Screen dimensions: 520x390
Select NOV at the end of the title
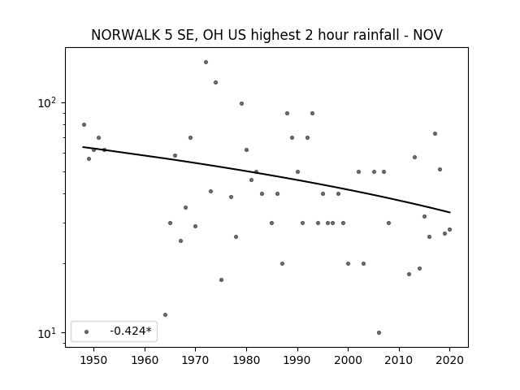[428, 35]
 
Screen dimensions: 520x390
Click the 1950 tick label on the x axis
[94, 360]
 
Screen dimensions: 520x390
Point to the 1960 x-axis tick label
[145, 360]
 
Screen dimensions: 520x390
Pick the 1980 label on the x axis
[246, 360]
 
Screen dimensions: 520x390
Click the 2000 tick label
[349, 360]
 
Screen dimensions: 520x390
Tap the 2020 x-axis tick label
[449, 360]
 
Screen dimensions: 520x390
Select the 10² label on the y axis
[47, 102]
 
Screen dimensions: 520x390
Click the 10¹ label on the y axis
[47, 332]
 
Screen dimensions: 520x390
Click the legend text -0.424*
[131, 331]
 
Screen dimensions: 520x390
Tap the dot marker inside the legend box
[87, 331]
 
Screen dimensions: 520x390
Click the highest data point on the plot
[206, 62]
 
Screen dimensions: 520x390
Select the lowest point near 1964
[165, 314]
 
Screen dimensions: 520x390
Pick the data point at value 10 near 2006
[379, 332]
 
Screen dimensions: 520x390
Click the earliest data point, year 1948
[84, 124]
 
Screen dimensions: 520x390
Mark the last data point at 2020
[449, 229]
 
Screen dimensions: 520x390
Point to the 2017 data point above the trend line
[435, 133]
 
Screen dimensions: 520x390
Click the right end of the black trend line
[450, 212]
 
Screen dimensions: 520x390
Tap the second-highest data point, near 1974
[215, 83]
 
